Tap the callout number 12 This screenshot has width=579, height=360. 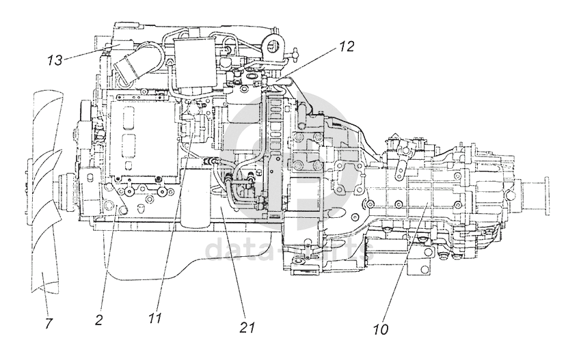click(x=346, y=48)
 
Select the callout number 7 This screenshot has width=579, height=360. click(x=49, y=323)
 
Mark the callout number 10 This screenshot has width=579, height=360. click(x=380, y=329)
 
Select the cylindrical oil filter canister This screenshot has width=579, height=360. click(x=196, y=198)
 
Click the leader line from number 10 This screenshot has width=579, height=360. click(x=404, y=260)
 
